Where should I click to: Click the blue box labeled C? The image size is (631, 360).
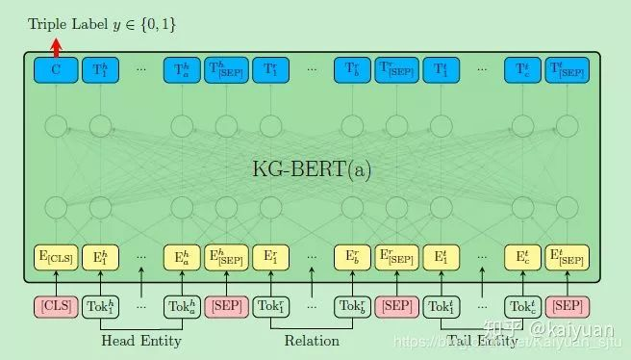tap(56, 70)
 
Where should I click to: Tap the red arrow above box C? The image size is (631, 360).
tap(56, 44)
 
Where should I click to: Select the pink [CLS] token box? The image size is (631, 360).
tap(56, 306)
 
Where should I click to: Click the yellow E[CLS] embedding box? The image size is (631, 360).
tap(56, 257)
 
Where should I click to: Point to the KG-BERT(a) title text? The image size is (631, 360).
tap(311, 169)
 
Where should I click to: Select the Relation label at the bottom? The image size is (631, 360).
tap(312, 340)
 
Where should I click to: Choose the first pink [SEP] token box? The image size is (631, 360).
tap(227, 306)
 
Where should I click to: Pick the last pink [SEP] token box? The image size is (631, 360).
tap(568, 306)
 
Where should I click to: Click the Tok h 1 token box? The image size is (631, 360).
tap(100, 306)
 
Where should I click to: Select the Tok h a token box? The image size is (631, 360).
tap(183, 306)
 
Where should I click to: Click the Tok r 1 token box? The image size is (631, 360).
tap(270, 306)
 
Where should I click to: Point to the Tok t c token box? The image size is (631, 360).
tap(522, 306)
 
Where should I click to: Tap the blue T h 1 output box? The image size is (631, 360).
tap(100, 70)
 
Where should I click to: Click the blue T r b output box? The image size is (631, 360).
tap(353, 70)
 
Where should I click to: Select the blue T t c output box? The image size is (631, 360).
tap(522, 70)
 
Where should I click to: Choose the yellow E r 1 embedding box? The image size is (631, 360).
tap(270, 257)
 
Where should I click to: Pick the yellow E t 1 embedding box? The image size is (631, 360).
tap(441, 257)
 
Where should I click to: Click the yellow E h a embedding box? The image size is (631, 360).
tap(183, 257)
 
